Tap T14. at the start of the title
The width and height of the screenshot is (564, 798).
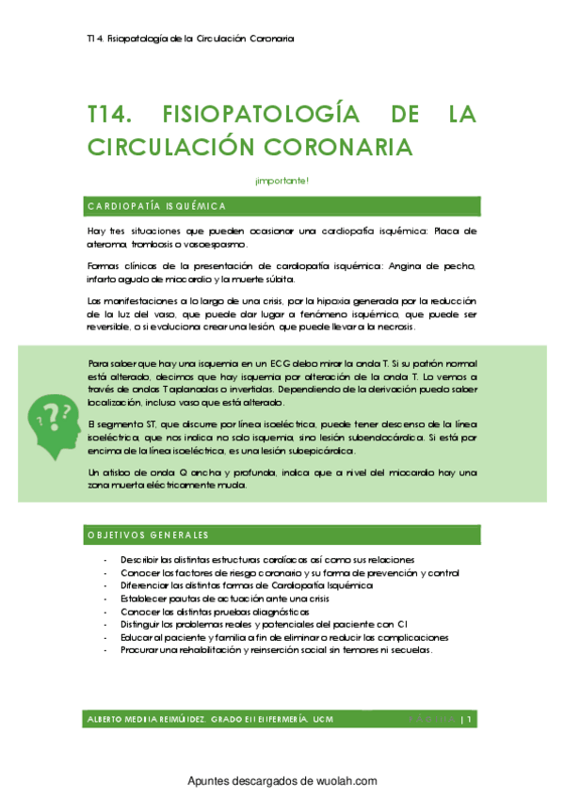111,115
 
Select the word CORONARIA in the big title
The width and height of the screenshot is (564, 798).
343,148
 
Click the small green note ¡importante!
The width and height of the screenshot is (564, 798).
282,180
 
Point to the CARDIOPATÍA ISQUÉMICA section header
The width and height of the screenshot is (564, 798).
156,206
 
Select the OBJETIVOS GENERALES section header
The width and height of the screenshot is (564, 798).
147,535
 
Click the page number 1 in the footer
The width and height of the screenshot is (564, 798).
470,719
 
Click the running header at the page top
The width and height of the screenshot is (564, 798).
188,40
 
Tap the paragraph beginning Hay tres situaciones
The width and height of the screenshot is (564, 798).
282,237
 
